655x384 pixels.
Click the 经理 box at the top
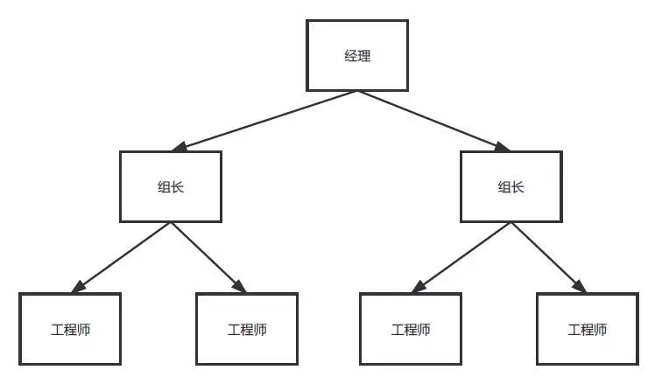click(357, 55)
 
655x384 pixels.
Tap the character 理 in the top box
click(364, 56)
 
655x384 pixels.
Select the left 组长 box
click(170, 186)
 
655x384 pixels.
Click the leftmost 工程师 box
click(70, 329)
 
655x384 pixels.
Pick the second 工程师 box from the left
click(247, 329)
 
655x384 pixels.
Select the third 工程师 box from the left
click(410, 329)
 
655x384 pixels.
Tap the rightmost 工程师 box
click(587, 329)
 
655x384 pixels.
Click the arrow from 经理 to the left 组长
click(263, 120)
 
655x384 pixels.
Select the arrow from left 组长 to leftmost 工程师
click(123, 256)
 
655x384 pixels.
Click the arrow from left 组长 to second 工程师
click(207, 256)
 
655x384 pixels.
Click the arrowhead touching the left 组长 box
click(181, 148)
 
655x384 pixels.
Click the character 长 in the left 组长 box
click(177, 186)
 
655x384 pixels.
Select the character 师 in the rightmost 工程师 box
click(600, 330)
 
